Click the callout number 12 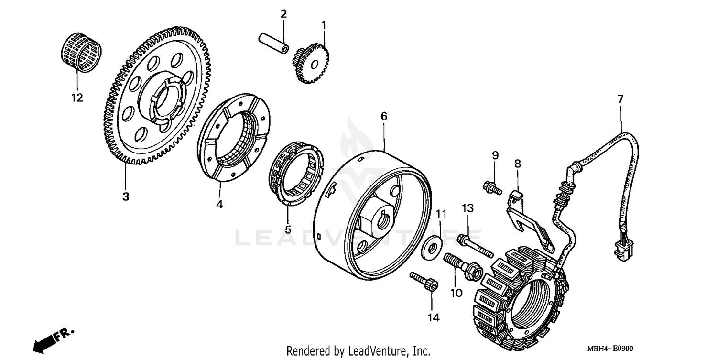[77, 98]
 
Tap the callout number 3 [125, 196]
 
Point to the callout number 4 [219, 204]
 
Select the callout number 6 [384, 116]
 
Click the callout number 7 [620, 99]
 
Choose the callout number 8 [517, 163]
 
